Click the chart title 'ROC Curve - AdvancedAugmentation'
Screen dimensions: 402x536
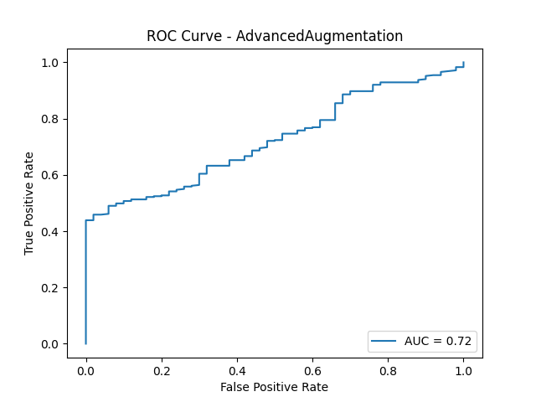point(275,36)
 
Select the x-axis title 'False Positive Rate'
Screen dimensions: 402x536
point(275,387)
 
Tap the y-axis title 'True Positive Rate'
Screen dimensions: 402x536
point(29,204)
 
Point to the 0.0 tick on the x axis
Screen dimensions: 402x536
point(85,368)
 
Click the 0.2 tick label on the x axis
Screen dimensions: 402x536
point(161,368)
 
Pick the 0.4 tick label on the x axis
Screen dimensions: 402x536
point(237,368)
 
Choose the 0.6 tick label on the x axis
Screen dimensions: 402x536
point(312,368)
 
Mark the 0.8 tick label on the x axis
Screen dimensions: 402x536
point(388,368)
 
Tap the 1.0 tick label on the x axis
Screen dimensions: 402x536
point(463,368)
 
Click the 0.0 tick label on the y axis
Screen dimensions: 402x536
point(49,344)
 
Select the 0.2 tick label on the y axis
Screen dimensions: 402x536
point(49,288)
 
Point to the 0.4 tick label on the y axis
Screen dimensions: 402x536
point(49,231)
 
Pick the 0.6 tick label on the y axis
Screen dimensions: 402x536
point(49,175)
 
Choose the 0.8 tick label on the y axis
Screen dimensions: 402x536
point(49,119)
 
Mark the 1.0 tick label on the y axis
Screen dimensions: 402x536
point(49,63)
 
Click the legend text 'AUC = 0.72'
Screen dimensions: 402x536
point(438,341)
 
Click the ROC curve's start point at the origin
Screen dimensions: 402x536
point(85,343)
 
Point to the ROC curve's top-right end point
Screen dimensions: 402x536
point(463,63)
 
